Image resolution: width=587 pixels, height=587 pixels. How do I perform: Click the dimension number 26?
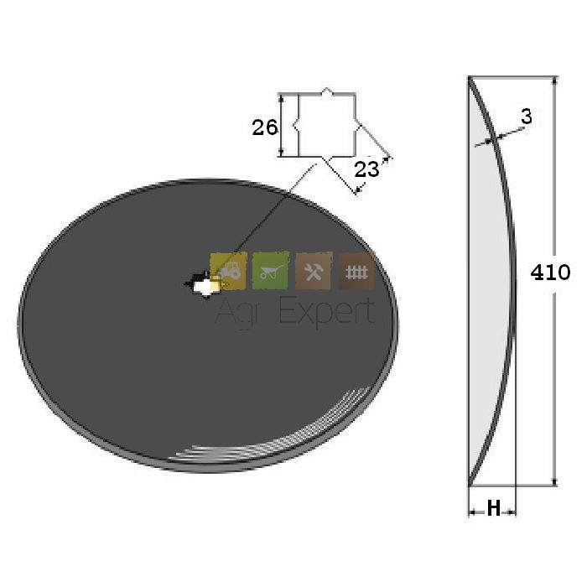(265, 127)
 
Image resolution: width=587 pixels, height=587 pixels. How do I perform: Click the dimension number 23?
(366, 169)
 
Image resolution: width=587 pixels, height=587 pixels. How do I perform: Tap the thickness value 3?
(527, 117)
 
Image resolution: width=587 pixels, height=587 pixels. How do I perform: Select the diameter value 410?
(550, 273)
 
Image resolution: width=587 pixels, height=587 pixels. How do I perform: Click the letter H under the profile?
(493, 508)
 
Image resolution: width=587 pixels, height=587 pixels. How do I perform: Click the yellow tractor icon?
(228, 271)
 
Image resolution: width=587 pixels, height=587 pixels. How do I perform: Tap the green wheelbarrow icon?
(271, 270)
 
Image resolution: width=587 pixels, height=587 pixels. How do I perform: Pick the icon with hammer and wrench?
(314, 271)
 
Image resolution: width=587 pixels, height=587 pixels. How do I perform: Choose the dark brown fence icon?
(356, 271)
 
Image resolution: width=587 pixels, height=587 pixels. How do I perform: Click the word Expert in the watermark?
(327, 312)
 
